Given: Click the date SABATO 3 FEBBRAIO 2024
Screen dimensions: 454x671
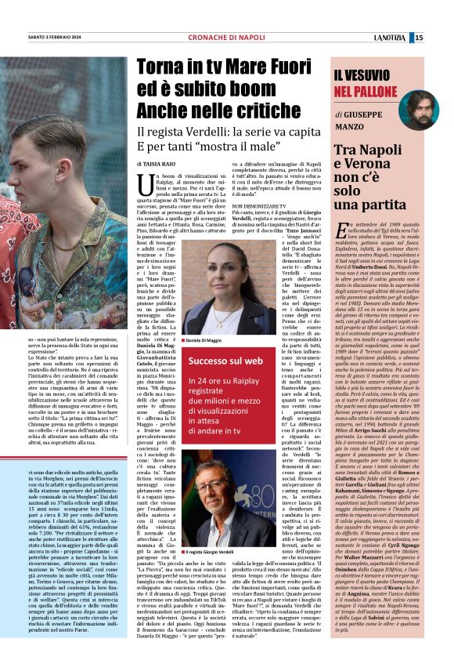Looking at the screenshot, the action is (57, 38).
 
